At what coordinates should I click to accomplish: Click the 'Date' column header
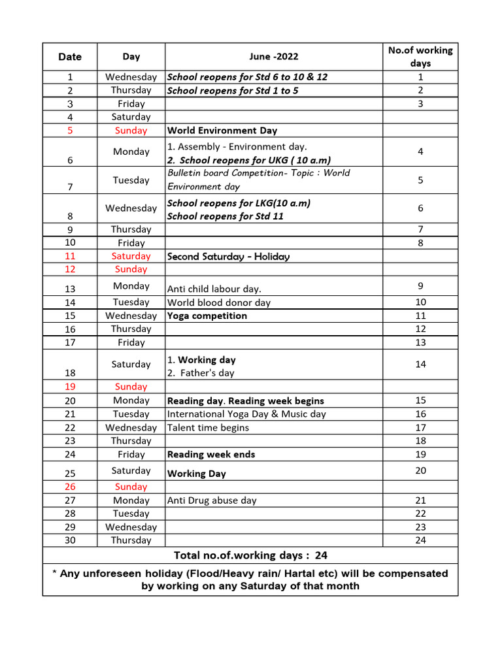pos(70,57)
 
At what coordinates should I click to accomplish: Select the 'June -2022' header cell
pos(273,57)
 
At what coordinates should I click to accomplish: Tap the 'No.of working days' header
pos(420,57)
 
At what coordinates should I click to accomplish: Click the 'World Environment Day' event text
pos(222,130)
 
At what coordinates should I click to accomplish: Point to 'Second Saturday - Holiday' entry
pos(228,257)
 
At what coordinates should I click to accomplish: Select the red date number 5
pos(70,131)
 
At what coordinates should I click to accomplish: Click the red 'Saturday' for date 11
pos(131,256)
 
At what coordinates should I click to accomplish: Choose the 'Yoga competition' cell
pos(207,316)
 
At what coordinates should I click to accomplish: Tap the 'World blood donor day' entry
pos(219,302)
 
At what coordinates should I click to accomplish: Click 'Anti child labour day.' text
pos(214,289)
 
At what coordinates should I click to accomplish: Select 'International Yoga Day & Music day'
pos(246,414)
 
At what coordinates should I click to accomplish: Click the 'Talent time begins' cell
pos(208,427)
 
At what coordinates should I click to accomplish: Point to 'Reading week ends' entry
pos(211,454)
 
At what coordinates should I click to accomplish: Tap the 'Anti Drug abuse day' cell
pos(212,500)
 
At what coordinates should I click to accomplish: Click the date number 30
pos(70,540)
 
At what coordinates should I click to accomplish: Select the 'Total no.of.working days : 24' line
pos(250,555)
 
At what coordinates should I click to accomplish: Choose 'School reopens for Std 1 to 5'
pos(233,90)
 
